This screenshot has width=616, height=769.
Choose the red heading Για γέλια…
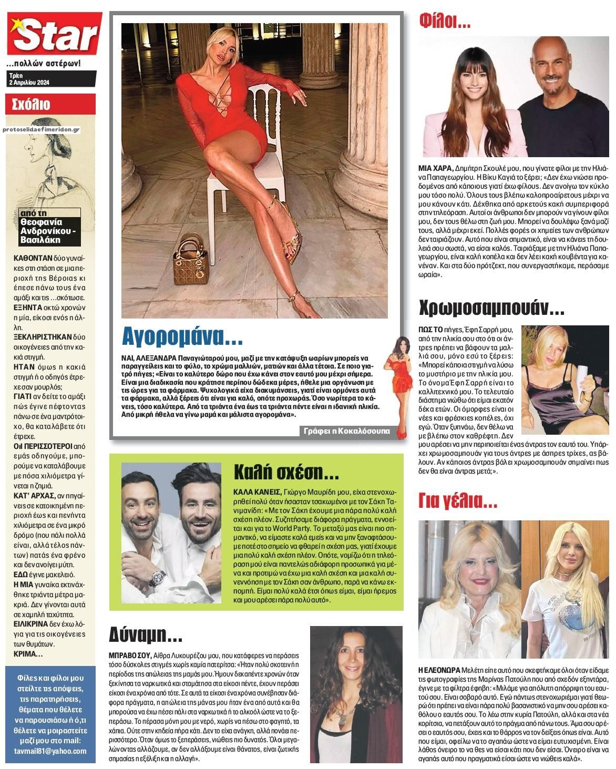(457, 503)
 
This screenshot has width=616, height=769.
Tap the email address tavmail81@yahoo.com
(50, 751)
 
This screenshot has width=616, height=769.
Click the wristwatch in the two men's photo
(158, 577)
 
